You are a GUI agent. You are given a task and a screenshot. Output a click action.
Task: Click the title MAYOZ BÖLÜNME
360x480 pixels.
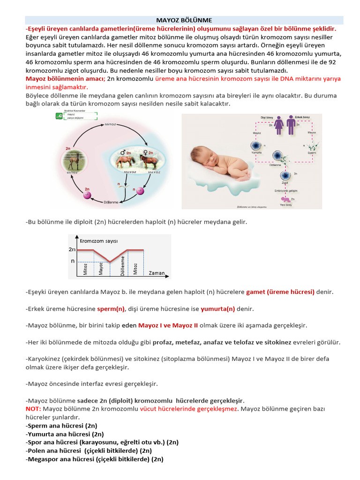pyautogui.click(x=184, y=20)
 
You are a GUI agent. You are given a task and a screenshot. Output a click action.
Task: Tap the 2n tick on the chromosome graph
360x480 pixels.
pyautogui.click(x=72, y=250)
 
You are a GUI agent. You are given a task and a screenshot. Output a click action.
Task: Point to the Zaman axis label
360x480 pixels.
pyautogui.click(x=156, y=273)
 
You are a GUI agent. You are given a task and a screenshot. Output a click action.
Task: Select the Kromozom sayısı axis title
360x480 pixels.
pyautogui.click(x=98, y=241)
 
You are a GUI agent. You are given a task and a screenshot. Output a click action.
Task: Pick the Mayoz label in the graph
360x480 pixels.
pyautogui.click(x=101, y=268)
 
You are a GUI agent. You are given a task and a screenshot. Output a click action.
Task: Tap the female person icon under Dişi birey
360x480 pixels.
pyautogui.click(x=278, y=125)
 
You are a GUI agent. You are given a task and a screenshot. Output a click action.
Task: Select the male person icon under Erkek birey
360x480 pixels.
pyautogui.click(x=291, y=125)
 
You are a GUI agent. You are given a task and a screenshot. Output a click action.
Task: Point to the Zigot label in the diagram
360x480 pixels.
pyautogui.click(x=284, y=184)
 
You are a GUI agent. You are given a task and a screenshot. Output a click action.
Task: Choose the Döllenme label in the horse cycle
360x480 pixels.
pyautogui.click(x=111, y=202)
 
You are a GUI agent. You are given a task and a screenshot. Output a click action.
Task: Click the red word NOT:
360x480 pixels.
pyautogui.click(x=33, y=409)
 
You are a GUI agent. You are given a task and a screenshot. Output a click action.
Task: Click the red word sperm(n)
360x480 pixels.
pyautogui.click(x=111, y=309)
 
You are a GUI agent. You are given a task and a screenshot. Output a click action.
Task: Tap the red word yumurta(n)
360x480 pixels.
pyautogui.click(x=217, y=309)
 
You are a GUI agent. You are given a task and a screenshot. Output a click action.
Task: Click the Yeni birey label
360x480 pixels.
pyautogui.click(x=286, y=205)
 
